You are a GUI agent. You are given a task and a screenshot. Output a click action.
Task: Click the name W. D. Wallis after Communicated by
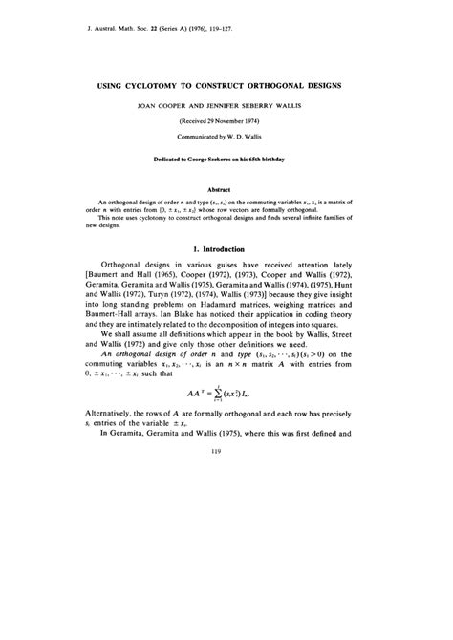click(x=257, y=139)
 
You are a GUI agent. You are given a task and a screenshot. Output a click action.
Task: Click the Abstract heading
click(x=226, y=189)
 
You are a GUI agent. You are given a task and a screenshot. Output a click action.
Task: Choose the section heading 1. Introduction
click(x=226, y=247)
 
